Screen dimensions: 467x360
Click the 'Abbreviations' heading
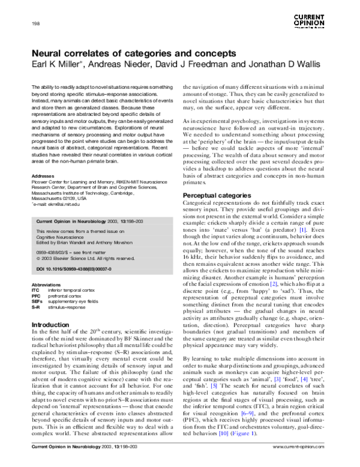(x=47, y=284)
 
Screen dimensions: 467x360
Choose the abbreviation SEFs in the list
(x=37, y=301)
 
